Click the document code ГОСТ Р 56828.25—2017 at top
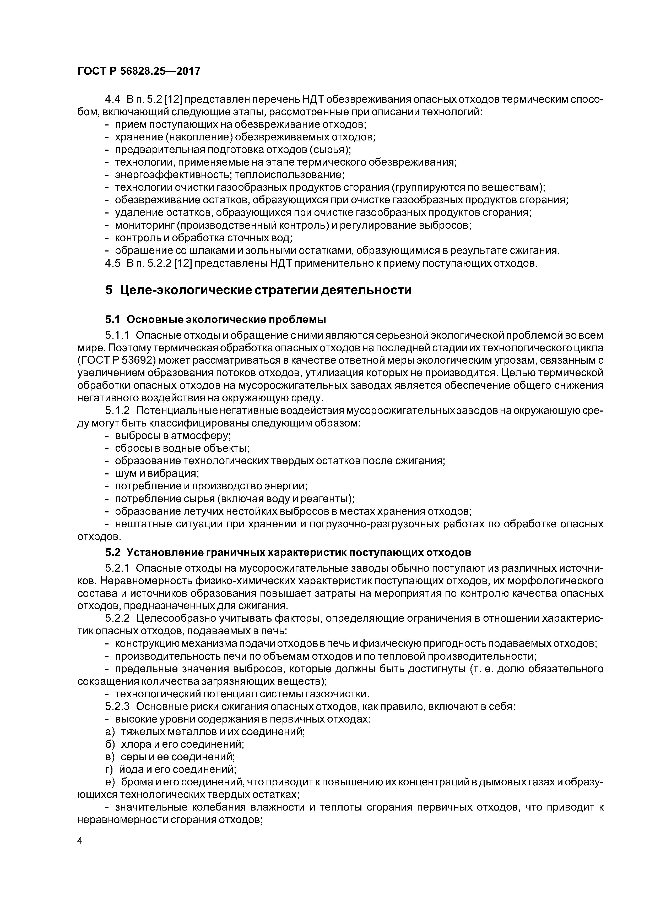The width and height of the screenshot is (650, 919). coord(138,71)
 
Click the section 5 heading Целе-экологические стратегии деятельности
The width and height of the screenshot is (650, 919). coord(258,290)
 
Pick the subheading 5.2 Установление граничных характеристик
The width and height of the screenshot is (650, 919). coord(288,552)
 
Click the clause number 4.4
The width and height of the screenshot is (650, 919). coord(112,99)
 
